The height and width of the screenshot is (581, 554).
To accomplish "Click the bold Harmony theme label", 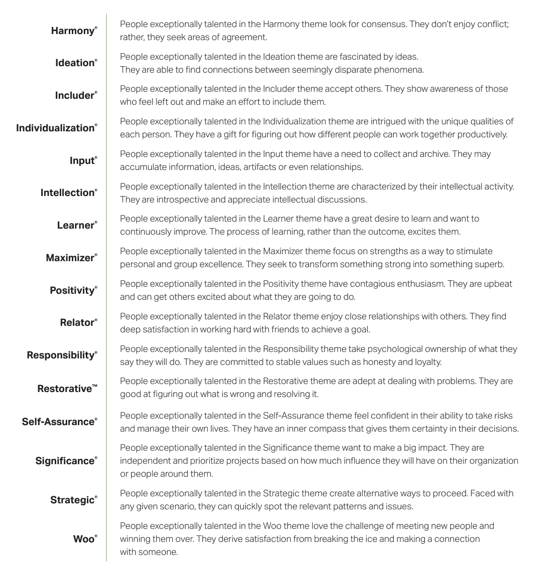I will [73, 31].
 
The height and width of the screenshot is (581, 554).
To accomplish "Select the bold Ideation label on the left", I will [75, 63].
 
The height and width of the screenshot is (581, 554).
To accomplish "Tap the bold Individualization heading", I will [55, 128].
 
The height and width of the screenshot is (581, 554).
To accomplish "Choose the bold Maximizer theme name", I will [70, 258].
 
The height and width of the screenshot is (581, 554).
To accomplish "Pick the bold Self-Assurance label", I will [58, 422].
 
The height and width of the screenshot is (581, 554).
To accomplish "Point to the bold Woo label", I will [83, 539].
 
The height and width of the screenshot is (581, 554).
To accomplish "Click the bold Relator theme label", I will [77, 323].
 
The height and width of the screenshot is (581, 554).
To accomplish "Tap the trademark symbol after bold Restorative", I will [95, 386].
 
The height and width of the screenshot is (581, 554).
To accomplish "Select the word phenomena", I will [397, 70].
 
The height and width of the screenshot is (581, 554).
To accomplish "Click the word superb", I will [489, 264].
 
